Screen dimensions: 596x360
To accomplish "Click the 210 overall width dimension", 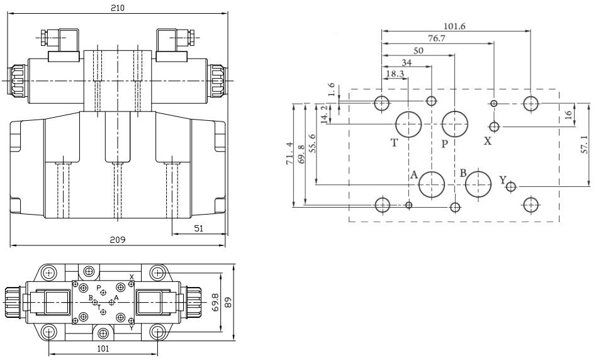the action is (118, 8).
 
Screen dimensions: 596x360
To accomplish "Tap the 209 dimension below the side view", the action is (118, 240).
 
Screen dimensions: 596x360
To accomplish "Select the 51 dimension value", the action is (199, 228).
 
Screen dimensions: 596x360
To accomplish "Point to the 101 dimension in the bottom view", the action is (103, 348).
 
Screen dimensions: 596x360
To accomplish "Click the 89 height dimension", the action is (228, 303).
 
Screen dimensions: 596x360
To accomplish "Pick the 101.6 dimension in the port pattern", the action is (454, 26).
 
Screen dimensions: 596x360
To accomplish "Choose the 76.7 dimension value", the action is (436, 38).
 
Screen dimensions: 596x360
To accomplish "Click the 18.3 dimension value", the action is (395, 74).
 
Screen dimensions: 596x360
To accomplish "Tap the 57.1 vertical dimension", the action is (584, 145).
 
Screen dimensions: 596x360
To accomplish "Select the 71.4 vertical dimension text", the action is (290, 154).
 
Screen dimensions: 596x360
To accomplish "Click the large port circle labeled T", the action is (408, 125).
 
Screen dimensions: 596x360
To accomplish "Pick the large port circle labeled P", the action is (455, 125).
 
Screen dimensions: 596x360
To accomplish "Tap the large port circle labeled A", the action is (432, 185).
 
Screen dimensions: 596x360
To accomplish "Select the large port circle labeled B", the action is (478, 185).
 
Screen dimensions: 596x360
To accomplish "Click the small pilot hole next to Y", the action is (511, 187).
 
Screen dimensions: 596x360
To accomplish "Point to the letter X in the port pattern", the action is (488, 141).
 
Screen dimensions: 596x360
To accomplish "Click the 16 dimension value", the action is (569, 114).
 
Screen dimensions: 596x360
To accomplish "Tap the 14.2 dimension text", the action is (324, 114).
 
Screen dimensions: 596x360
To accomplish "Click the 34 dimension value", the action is (407, 62).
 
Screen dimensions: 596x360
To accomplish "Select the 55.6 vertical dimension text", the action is (312, 143).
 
